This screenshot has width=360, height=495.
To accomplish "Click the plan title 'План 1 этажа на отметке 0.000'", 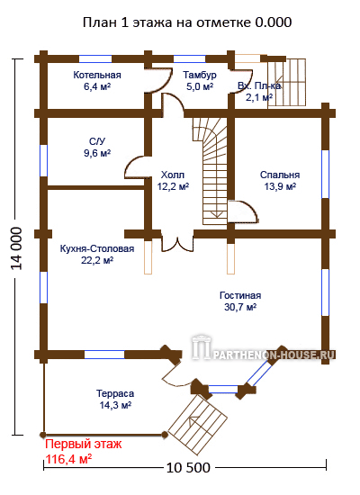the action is pos(187,22).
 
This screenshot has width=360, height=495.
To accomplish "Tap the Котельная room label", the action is pos(97,75).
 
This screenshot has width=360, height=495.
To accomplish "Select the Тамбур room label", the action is pos(200,75).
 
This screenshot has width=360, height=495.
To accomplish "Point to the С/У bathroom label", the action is pos(97,141).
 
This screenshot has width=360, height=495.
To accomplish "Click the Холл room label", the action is pos(173,175).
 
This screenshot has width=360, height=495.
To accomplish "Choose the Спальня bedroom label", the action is pos(280,175).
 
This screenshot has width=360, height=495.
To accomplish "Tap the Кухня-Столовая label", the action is pos(97,248).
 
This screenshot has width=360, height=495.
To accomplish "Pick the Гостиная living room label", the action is pos(240,295).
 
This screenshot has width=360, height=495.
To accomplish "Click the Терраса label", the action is pos(115,393).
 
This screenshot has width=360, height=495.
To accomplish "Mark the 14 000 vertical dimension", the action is pos(16,248).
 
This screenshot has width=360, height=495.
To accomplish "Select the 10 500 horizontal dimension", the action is pos(188,468).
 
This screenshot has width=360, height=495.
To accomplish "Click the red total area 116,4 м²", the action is pos(68,459).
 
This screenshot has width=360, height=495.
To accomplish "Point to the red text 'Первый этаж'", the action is pos(83,445).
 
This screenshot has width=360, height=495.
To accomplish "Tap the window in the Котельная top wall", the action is pos(95,59).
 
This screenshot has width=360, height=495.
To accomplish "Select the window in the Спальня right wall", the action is pos(325,174).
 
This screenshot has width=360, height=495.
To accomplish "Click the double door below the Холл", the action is pos(177,243).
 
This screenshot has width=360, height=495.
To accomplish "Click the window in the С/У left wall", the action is pos(43,160).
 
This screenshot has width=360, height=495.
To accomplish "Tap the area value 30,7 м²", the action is pos(240,307).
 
